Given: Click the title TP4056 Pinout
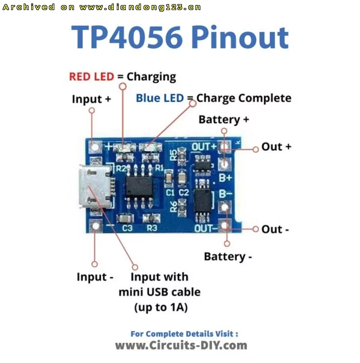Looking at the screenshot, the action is (x=180, y=37).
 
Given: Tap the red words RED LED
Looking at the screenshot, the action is (x=92, y=77).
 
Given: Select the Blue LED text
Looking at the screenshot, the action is (x=160, y=98).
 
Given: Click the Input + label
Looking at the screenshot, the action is (x=91, y=99).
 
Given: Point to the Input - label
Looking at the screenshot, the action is (x=95, y=277).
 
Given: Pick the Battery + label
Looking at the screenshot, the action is (x=224, y=119).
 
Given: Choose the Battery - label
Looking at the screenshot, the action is (x=228, y=257).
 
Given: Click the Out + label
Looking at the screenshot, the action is (x=276, y=147).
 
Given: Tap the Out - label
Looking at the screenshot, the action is (x=275, y=229).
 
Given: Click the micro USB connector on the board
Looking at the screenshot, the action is (x=96, y=186).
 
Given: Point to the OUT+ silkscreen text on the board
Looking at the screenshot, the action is (x=204, y=147).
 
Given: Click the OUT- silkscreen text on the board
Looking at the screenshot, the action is (x=206, y=228).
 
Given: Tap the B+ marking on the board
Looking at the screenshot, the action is (x=226, y=178).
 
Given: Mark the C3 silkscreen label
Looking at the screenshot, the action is (x=127, y=228).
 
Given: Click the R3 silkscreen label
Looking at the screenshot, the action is (x=152, y=228).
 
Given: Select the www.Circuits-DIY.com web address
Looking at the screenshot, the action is (x=181, y=345).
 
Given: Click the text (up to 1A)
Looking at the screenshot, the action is (x=161, y=308).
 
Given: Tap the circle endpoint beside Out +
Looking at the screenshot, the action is (x=255, y=149).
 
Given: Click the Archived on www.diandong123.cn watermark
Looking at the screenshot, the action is (x=102, y=7).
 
